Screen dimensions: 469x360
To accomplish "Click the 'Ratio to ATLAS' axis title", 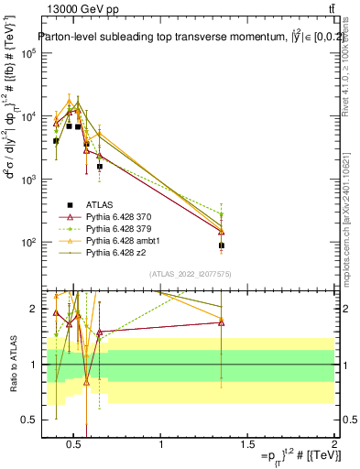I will (12, 365).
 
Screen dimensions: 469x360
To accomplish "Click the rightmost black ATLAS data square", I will (221, 245).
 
